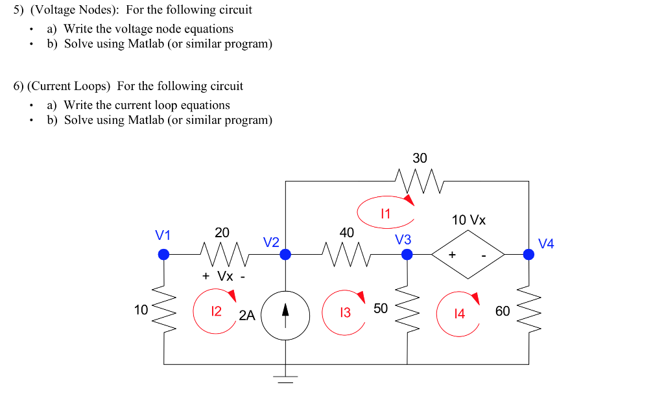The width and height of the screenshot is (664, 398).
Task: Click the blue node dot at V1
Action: point(164,255)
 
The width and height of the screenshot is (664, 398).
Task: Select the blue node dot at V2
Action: point(285,255)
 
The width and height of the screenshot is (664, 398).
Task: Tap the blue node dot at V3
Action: point(407,255)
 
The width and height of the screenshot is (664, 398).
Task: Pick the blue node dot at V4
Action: point(529,255)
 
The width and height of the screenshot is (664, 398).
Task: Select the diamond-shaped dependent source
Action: point(468,255)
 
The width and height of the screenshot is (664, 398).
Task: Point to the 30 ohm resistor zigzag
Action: point(419,181)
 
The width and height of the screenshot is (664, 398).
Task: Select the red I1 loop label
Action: point(385,213)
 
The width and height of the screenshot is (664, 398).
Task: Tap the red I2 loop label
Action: point(217,311)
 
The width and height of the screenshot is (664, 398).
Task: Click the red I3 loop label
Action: point(345,312)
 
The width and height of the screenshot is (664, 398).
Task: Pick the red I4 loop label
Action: point(459,314)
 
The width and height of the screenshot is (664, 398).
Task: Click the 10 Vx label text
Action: point(468,220)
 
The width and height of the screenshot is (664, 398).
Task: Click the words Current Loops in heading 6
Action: point(69,86)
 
